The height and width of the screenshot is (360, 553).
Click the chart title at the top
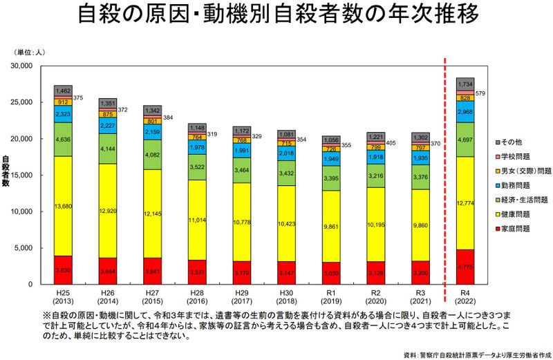coord(276,16)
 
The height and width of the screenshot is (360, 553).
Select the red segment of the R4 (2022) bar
coord(465,267)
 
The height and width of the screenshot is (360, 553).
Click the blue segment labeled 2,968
coord(465,112)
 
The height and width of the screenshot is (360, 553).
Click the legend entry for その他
coord(515,142)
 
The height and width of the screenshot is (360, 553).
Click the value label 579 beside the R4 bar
coord(481,93)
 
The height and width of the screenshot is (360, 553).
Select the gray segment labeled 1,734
coord(465,84)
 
